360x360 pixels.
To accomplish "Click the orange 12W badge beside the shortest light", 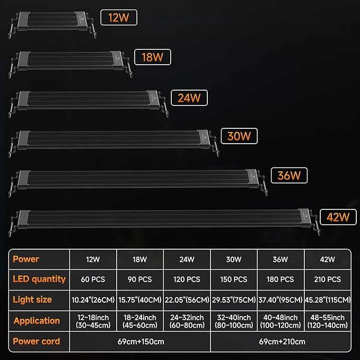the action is (119, 17).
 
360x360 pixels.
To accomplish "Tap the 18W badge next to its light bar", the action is (153, 57).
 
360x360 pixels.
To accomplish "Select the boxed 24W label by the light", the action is (189, 98).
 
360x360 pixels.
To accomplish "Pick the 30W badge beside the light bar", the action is (239, 136).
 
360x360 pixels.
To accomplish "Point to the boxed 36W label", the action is (289, 175).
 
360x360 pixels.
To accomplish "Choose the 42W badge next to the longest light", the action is (338, 217).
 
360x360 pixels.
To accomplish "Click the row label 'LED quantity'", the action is (39, 279).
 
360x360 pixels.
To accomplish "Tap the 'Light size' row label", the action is (32, 300).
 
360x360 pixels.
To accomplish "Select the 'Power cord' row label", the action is (36, 341).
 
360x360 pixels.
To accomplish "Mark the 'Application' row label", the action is (37, 321).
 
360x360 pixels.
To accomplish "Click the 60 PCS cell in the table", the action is (93, 279).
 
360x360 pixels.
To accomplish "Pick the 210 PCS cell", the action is (328, 279).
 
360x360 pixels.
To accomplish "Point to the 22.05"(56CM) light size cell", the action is (187, 300).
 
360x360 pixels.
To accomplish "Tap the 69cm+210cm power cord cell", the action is (282, 341).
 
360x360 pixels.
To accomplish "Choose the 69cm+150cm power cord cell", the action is (141, 341).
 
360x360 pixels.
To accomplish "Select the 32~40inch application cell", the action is (234, 321).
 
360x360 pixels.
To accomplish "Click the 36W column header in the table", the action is (280, 259).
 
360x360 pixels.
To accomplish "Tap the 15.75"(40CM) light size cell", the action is (140, 300).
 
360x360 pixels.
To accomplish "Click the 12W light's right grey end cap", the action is (81, 21).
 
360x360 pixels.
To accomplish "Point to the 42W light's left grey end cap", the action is (23, 219).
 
